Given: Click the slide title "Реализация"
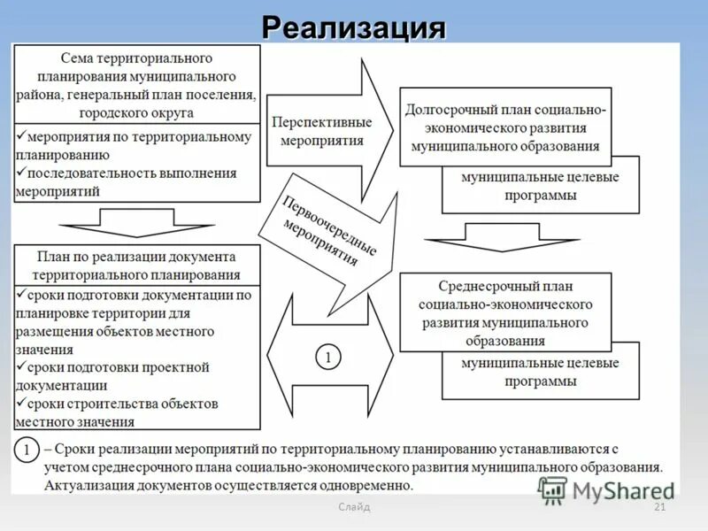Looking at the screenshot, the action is (353, 27).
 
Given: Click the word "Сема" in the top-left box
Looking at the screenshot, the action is (78, 58).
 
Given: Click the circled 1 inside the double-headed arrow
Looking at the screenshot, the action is (328, 358).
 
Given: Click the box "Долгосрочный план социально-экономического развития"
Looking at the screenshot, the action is (505, 126).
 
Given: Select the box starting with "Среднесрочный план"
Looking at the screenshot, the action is (505, 312).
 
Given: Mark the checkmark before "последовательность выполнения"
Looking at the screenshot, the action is (21, 173).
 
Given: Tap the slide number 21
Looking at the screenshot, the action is (658, 507).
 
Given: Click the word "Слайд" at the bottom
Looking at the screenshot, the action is (354, 507).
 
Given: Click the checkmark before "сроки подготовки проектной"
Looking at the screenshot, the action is (21, 367).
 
